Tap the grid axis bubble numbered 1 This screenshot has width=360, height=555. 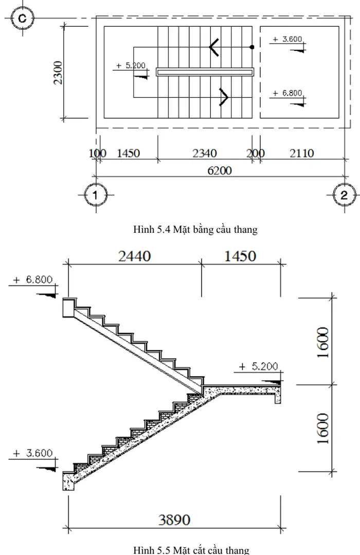(x=96, y=195)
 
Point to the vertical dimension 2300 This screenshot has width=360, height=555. (x=58, y=73)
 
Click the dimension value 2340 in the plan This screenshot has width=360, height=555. (x=204, y=153)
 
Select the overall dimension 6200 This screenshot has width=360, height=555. (x=220, y=170)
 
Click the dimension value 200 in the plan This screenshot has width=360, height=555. (x=255, y=153)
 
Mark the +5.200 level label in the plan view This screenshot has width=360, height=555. (x=131, y=66)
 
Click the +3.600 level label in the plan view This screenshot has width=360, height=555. (x=287, y=39)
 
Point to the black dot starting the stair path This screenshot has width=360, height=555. (x=252, y=47)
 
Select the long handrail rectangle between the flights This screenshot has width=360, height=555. (x=205, y=72)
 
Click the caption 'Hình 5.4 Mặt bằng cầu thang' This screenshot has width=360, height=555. (x=195, y=230)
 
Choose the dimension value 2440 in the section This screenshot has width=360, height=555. (x=135, y=256)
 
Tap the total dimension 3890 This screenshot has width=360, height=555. (x=173, y=520)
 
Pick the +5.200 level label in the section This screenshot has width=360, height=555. (x=260, y=366)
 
